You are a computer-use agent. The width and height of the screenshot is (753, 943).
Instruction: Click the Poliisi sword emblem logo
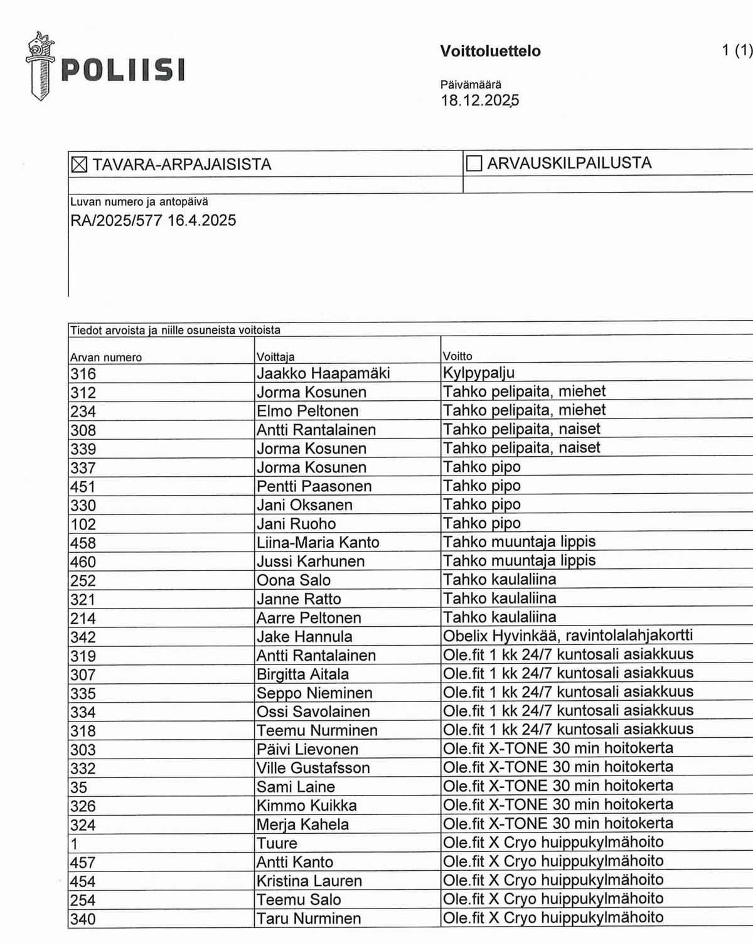coord(40,66)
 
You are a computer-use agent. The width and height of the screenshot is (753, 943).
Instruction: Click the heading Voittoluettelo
coord(490,51)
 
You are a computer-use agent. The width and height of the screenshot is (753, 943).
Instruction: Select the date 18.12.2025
coord(479,100)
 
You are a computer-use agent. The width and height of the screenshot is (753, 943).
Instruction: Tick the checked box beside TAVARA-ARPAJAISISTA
coord(79,165)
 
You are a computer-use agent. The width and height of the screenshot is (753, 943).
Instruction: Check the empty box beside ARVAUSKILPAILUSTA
coord(474,164)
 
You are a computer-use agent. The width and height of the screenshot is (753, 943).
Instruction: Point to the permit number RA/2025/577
coord(116,220)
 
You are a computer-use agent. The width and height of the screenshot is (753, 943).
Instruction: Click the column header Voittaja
coord(275,357)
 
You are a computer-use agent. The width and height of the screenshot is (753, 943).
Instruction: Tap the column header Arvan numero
coord(106,358)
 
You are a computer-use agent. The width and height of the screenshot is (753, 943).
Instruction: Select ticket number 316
coord(83,374)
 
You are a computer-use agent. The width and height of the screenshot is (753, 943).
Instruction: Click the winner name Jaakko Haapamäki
coord(323,373)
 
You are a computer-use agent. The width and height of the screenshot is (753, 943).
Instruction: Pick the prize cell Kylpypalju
coord(479,373)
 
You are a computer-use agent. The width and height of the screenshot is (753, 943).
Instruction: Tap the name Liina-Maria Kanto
coord(318,543)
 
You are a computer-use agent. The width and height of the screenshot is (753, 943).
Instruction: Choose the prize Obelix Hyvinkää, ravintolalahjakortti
coord(568,636)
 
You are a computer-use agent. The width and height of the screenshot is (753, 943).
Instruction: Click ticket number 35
coord(79,787)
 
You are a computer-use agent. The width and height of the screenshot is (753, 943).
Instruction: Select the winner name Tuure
coord(277,843)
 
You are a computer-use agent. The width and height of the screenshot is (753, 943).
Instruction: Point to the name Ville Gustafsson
coord(313,768)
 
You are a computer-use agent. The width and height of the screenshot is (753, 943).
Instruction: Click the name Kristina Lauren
coord(309,881)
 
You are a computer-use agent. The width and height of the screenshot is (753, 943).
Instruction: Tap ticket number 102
coord(83,525)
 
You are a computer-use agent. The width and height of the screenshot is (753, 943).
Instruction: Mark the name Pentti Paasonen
coord(314,486)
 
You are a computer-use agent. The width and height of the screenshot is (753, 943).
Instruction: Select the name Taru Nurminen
coord(309,919)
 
